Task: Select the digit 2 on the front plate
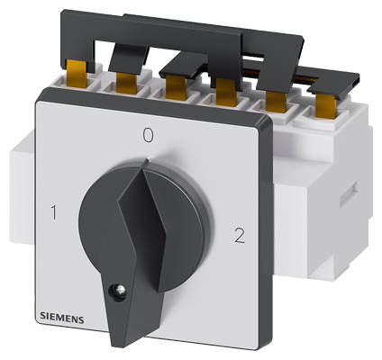(238, 238)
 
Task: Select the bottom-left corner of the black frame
(37, 332)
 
